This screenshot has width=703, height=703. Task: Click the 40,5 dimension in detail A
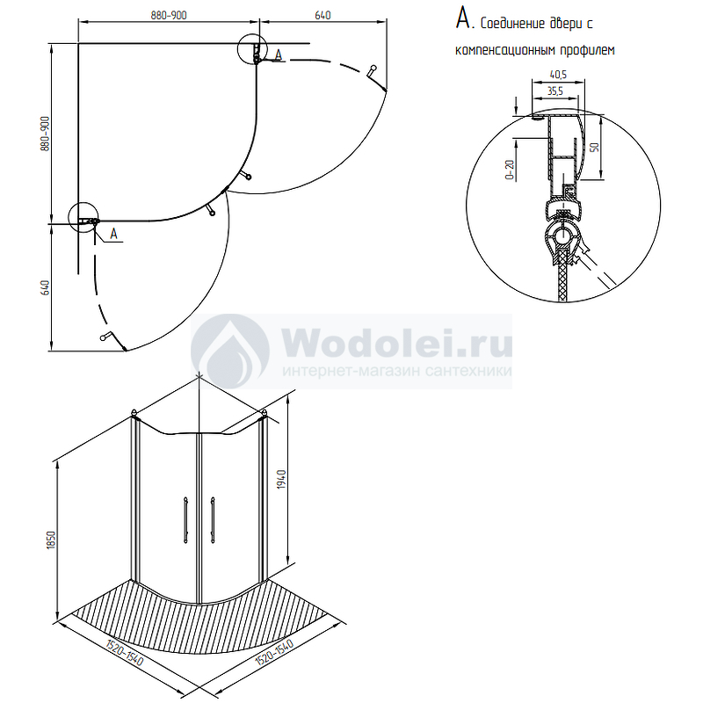click(x=558, y=75)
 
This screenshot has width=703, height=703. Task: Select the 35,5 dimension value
click(x=555, y=91)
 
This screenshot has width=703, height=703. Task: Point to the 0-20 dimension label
click(x=510, y=170)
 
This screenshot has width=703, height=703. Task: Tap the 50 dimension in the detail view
click(x=595, y=147)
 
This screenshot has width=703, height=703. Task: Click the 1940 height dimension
click(x=281, y=479)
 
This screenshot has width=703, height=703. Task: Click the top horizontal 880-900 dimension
click(x=169, y=15)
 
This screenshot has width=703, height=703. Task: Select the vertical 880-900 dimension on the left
click(x=46, y=134)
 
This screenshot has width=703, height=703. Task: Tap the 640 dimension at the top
click(x=323, y=15)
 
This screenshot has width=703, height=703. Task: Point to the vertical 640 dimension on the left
click(x=46, y=287)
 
